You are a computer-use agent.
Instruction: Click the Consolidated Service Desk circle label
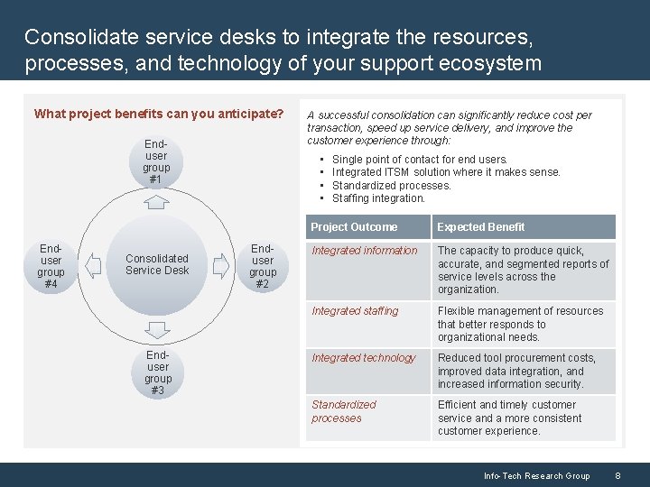click(x=157, y=264)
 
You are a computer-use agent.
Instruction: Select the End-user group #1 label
click(x=156, y=161)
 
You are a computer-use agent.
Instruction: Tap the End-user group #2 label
click(x=263, y=266)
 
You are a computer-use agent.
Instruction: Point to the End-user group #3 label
click(x=158, y=372)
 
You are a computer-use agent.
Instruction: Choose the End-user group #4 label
click(x=51, y=266)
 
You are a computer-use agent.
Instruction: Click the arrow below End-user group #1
click(x=157, y=200)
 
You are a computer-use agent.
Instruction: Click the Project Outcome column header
click(x=354, y=227)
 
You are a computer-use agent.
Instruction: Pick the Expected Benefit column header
click(x=481, y=227)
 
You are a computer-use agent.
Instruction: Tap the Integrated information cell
click(x=365, y=251)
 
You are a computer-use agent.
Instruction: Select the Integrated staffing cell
click(x=355, y=311)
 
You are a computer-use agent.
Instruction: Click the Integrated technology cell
click(x=364, y=358)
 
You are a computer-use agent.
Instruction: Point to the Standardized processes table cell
click(x=344, y=411)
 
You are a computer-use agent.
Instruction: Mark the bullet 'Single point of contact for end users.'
click(x=420, y=160)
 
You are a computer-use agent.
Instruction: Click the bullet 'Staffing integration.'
click(x=378, y=198)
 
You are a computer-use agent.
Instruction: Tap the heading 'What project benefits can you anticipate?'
click(x=159, y=115)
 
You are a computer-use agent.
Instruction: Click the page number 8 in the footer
click(x=618, y=475)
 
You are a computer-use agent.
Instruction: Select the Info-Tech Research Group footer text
click(x=536, y=475)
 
